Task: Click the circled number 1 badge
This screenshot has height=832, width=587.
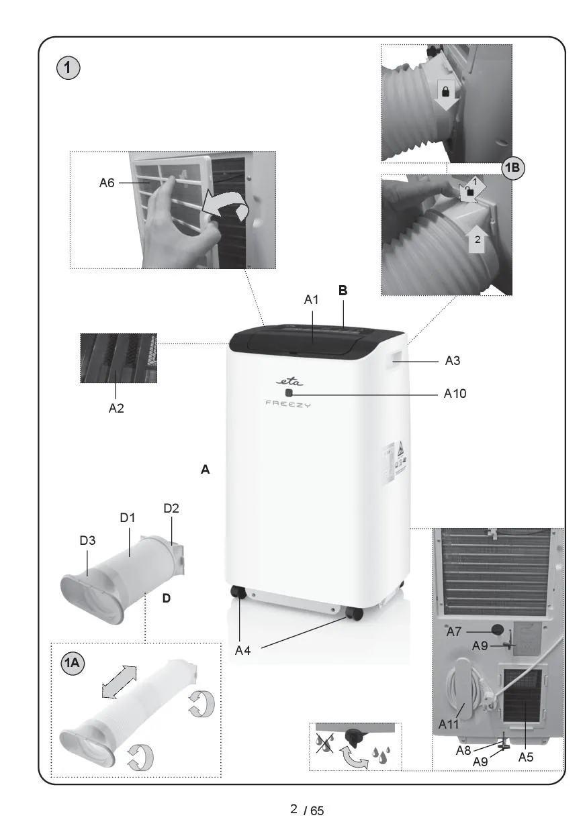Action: pyautogui.click(x=68, y=68)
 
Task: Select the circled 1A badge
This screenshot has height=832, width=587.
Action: pyautogui.click(x=73, y=662)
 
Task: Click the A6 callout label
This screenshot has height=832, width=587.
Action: pyautogui.click(x=107, y=183)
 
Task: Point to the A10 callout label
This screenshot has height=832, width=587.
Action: pyautogui.click(x=455, y=393)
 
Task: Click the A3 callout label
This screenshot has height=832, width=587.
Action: pyautogui.click(x=453, y=361)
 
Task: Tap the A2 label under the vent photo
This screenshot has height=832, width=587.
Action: pyautogui.click(x=116, y=408)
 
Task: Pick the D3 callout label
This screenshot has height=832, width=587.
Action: pyautogui.click(x=87, y=540)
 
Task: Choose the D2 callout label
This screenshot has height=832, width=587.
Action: pyautogui.click(x=171, y=508)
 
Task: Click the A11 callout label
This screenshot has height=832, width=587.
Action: pyautogui.click(x=449, y=724)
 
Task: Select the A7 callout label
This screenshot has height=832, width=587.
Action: pyautogui.click(x=453, y=631)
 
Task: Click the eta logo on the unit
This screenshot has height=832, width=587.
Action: pyautogui.click(x=289, y=381)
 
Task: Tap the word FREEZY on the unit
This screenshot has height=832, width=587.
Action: pyautogui.click(x=288, y=404)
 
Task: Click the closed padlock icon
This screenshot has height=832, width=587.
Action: pyautogui.click(x=445, y=91)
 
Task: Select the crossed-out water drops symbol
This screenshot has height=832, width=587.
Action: pyautogui.click(x=324, y=743)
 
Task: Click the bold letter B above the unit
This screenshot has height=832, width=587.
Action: pyautogui.click(x=343, y=291)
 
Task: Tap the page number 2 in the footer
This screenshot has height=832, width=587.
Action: pyautogui.click(x=293, y=809)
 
